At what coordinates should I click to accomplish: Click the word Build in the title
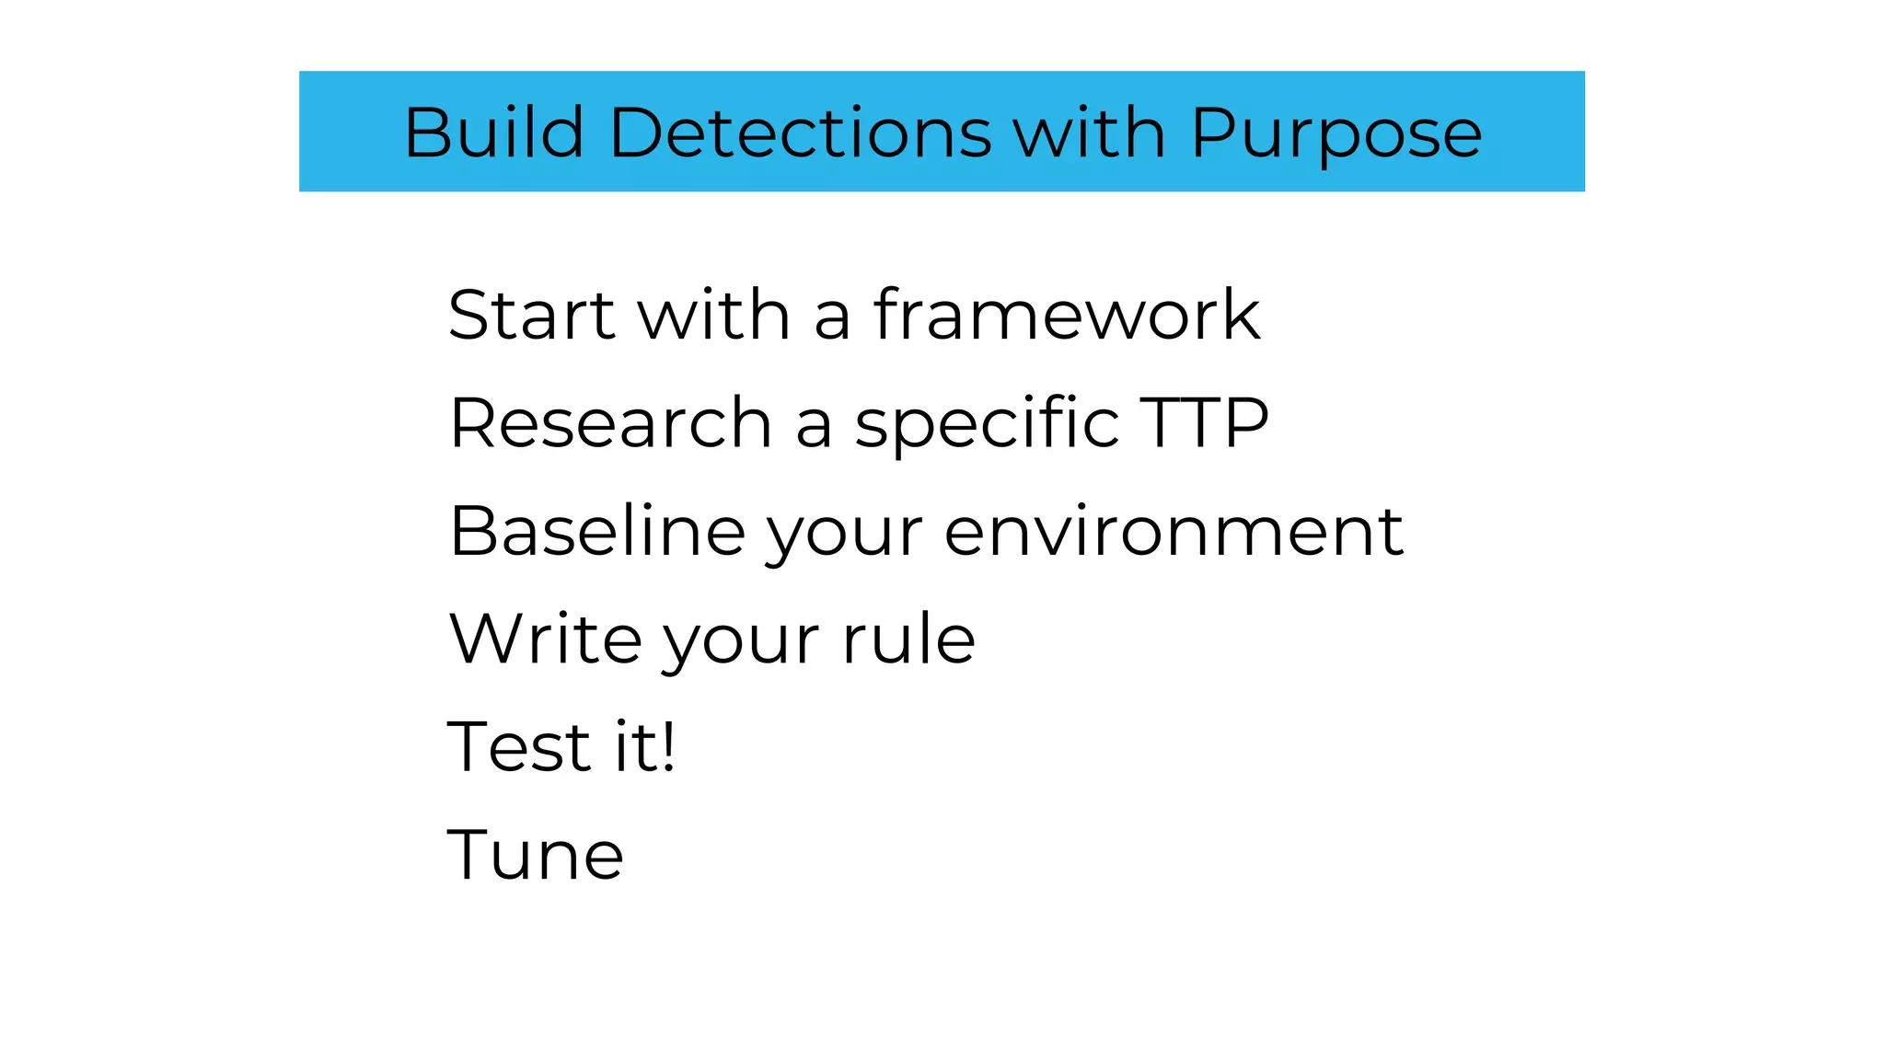coord(494,132)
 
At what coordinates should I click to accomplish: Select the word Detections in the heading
coord(800,132)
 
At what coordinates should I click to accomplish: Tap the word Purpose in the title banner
coord(1336,134)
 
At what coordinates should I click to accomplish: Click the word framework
coord(1067,315)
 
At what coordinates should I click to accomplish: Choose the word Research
coord(610,423)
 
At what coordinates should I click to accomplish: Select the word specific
coord(987,423)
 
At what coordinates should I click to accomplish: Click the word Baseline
coord(596,531)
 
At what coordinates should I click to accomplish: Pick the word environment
coord(1174,531)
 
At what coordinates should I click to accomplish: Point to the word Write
coord(545,639)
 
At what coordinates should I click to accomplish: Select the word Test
coord(518,746)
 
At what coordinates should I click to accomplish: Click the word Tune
coord(535,855)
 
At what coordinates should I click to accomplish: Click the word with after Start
coord(713,315)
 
